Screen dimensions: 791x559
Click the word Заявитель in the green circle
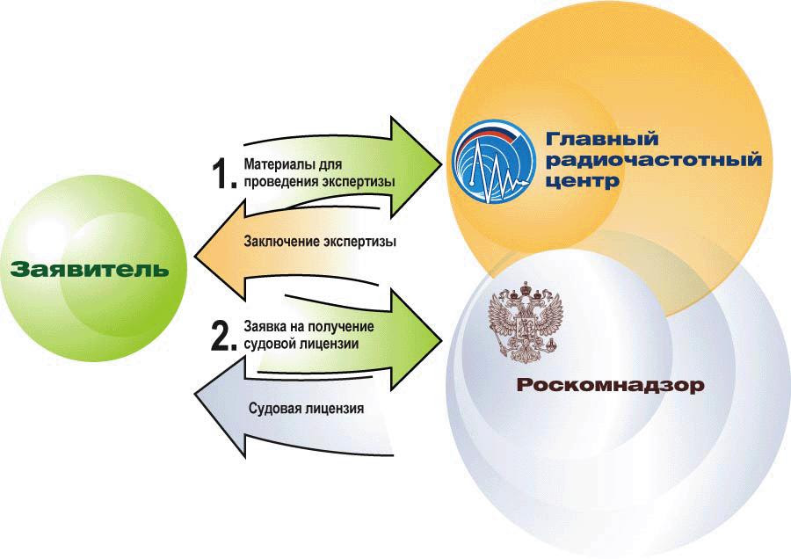(x=90, y=269)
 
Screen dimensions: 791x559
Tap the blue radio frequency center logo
(x=493, y=162)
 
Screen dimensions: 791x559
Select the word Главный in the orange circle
(x=602, y=138)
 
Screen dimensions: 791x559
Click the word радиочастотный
(x=654, y=160)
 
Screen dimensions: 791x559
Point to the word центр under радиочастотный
(x=583, y=181)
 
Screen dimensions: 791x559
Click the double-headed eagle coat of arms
(x=526, y=322)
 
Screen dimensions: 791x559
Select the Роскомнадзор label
(x=611, y=386)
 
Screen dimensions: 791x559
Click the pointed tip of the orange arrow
(x=195, y=250)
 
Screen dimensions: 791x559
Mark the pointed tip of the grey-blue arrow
(x=195, y=393)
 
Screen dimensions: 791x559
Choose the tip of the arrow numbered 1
(x=441, y=164)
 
